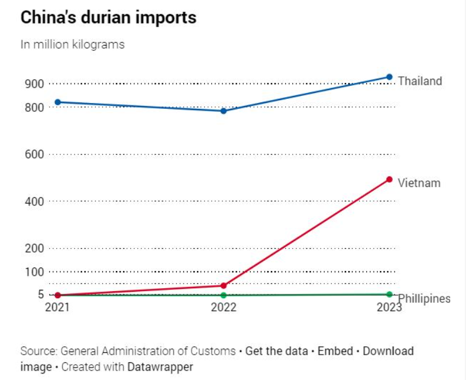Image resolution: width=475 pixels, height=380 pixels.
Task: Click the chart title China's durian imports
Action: pos(108,18)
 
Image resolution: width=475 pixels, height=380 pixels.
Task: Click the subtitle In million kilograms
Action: pos(72,44)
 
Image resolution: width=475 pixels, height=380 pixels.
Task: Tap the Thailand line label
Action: pos(420,81)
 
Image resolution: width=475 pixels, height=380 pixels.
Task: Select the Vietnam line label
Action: pos(419,183)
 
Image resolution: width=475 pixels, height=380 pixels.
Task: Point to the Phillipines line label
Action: pos(424,299)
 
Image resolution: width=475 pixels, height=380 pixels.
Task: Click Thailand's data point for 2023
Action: pos(389,77)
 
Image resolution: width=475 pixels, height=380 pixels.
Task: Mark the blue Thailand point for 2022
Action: pos(224,111)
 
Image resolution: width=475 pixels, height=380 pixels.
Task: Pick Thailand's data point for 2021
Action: pos(57,102)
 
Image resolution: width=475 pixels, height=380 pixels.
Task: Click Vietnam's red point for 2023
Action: pos(389,179)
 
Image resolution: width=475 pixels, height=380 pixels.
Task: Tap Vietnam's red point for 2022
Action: pos(224,285)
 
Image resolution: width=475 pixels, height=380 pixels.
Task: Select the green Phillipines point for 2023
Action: pos(389,294)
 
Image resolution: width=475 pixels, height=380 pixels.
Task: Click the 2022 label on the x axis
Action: pos(224,308)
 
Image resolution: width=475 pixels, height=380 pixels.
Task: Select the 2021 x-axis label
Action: pos(57,308)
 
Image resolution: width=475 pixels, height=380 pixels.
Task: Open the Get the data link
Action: pos(276,351)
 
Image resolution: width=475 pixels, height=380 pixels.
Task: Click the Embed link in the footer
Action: pos(335,351)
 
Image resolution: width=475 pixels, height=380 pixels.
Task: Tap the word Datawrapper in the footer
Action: pos(160,367)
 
